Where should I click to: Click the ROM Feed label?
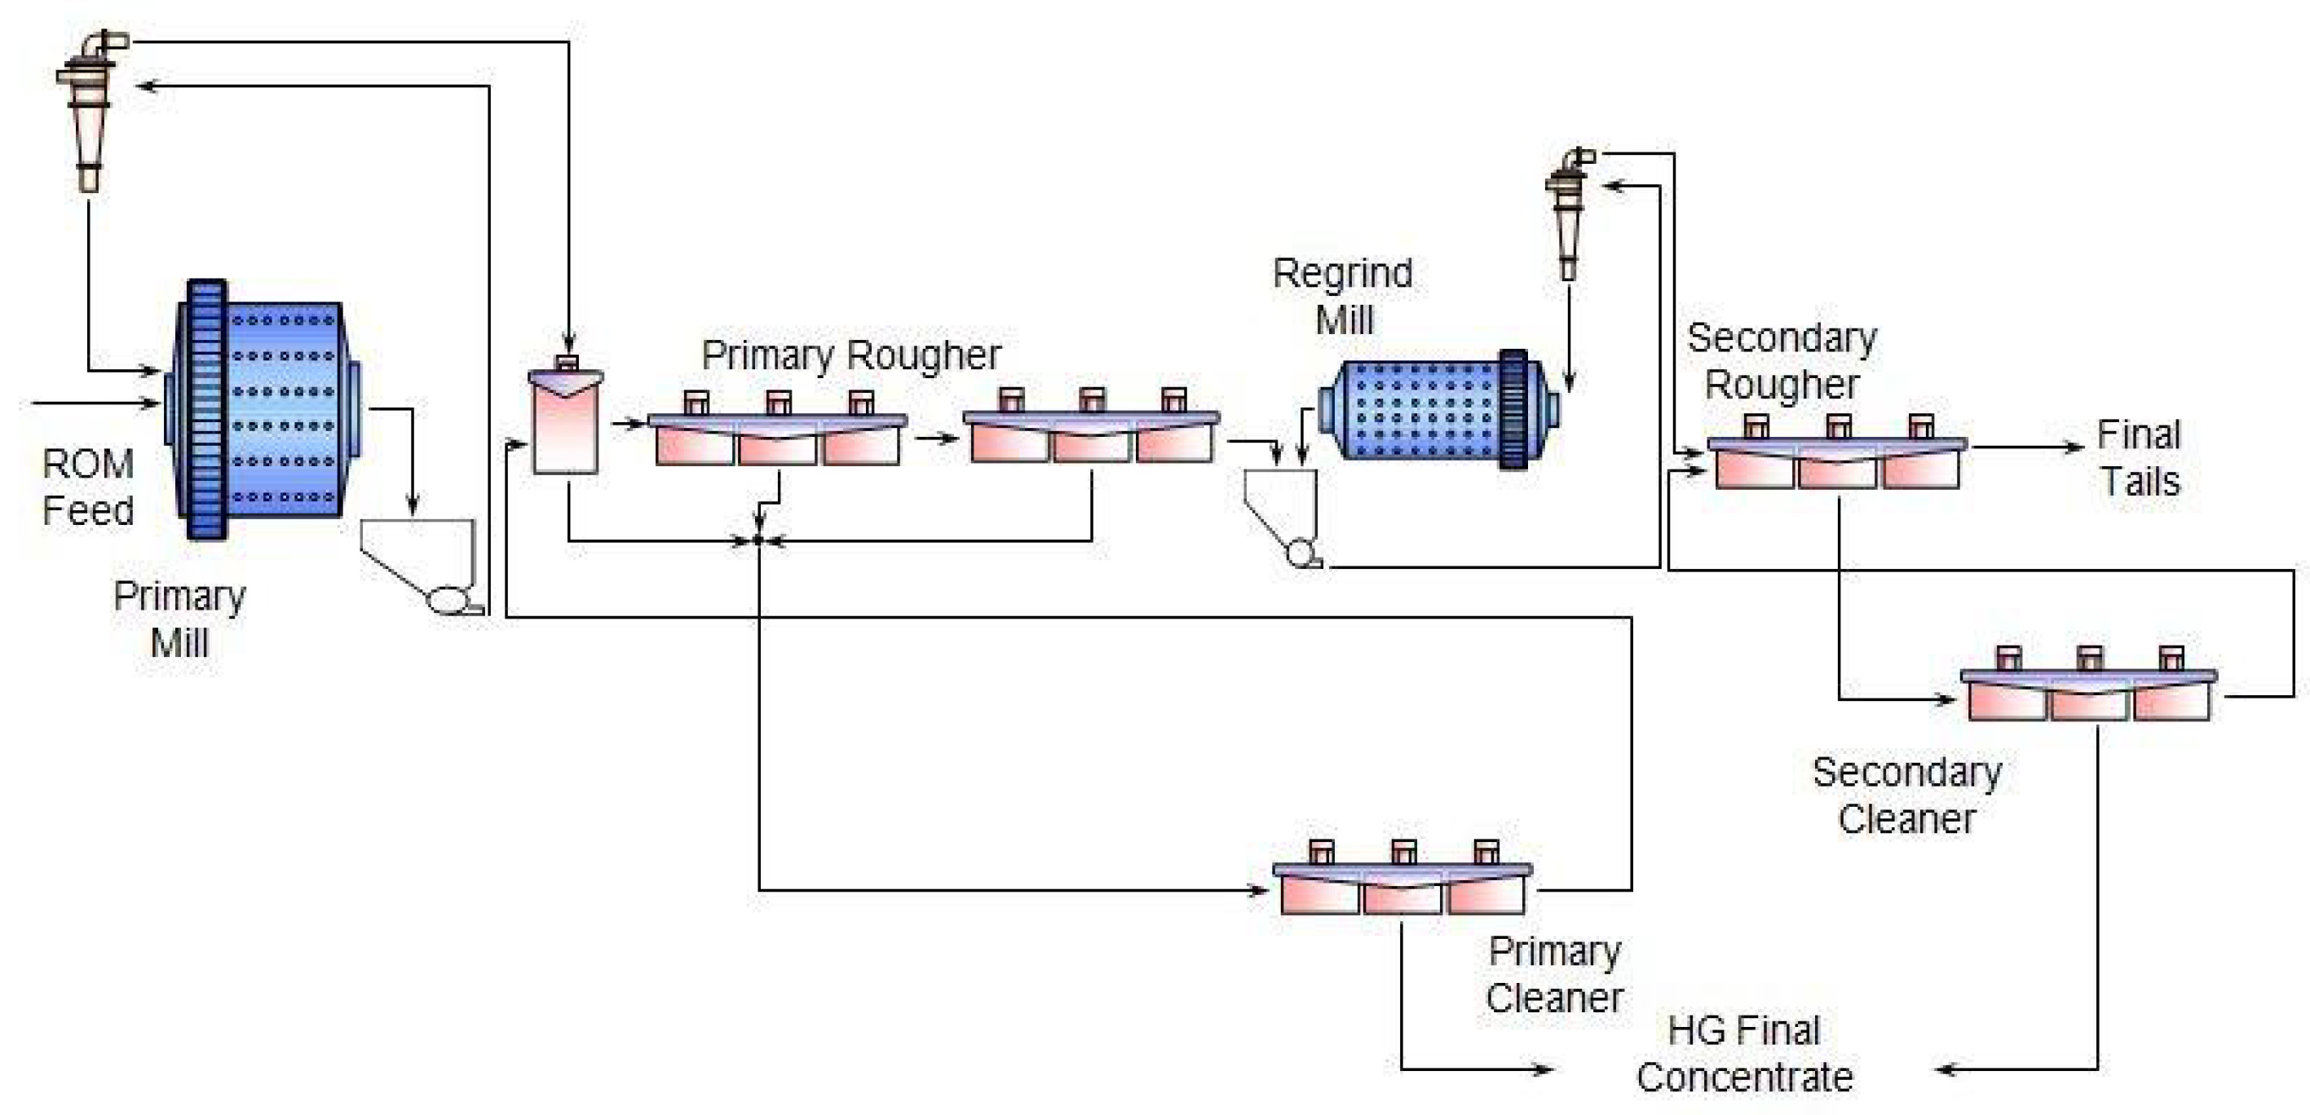(88, 487)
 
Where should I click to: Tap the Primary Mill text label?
(179, 619)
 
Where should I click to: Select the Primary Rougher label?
(850, 355)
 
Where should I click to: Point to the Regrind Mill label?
(1342, 297)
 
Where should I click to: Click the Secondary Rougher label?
(1781, 361)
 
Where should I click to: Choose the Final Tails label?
(2139, 458)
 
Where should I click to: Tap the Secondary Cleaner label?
(1906, 795)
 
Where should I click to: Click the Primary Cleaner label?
(1554, 974)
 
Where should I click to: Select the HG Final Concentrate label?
(1744, 1053)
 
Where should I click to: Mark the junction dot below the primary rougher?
(758, 540)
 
